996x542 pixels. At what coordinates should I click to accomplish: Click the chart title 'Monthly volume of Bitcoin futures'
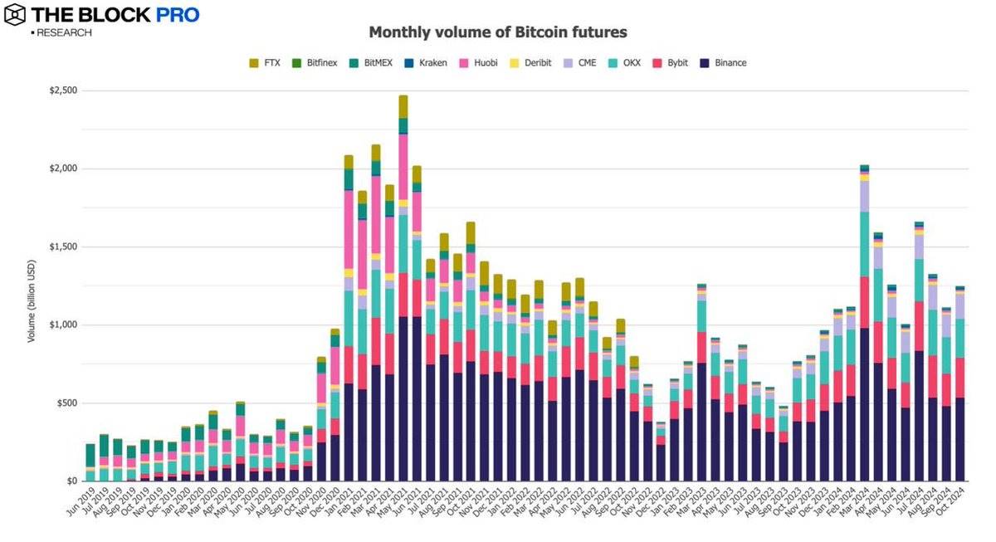click(x=497, y=32)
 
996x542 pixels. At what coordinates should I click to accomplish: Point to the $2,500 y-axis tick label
click(x=63, y=90)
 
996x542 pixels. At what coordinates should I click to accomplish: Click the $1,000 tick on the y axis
click(x=63, y=325)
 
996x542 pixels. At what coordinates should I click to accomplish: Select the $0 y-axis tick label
click(x=72, y=481)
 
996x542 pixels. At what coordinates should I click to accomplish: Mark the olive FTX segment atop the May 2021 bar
click(x=403, y=106)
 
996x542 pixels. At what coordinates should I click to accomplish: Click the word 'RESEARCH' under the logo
click(x=63, y=33)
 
